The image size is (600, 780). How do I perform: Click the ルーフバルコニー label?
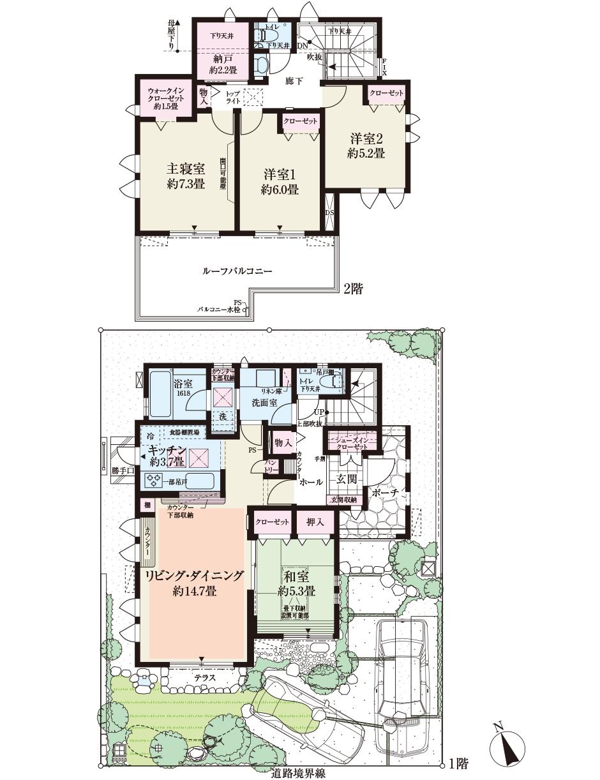pos(237,271)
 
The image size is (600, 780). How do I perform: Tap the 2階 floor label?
pos(353,289)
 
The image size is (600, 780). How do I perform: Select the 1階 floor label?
pos(458,763)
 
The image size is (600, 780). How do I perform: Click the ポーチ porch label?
pos(384,492)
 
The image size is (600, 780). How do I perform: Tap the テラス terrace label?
pos(204,677)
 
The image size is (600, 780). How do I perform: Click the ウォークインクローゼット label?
pos(165,99)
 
